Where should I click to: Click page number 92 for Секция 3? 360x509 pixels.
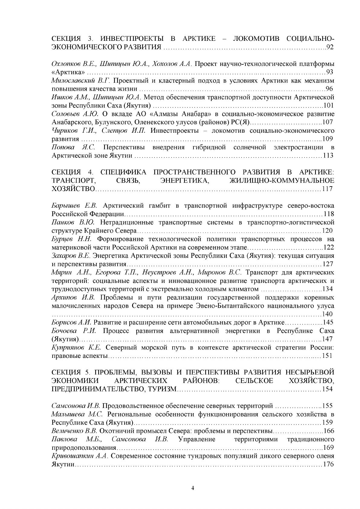[330, 47]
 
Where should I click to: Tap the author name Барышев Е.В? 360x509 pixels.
[74, 206]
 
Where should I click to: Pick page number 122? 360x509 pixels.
[329, 248]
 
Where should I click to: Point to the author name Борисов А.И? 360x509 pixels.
[71, 322]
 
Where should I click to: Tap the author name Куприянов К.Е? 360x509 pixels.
[76, 347]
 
